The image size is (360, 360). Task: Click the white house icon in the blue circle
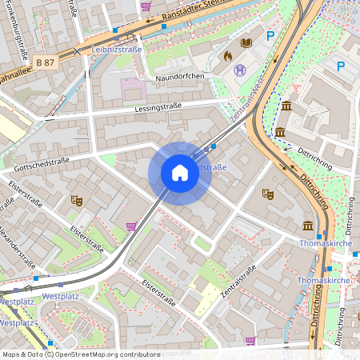[180, 173]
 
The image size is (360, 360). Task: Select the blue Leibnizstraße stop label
[117, 50]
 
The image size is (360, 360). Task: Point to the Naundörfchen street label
[181, 75]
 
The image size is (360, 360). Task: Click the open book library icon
[247, 42]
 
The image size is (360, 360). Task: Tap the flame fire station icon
[227, 56]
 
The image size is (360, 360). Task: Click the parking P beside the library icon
[270, 36]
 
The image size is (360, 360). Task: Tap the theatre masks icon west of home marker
[77, 200]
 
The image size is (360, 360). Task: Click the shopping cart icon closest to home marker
[131, 226]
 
